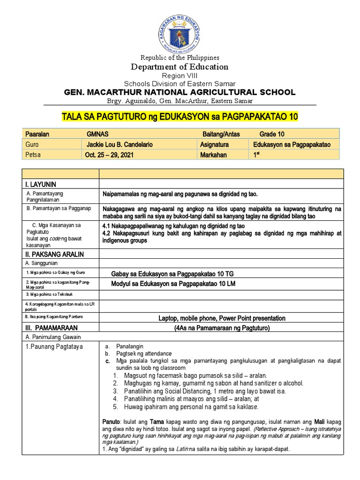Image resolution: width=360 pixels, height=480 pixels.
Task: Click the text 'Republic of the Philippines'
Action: (180, 58)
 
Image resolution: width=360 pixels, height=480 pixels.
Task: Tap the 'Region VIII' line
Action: (180, 75)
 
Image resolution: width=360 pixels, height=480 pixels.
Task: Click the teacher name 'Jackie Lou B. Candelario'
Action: (120, 145)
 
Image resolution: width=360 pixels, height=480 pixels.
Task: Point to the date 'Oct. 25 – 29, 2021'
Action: (109, 155)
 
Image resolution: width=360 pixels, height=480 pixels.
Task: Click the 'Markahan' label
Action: (213, 155)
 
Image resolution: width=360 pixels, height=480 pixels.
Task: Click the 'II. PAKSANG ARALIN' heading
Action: (54, 255)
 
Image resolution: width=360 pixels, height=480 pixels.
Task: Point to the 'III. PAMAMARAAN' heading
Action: (52, 328)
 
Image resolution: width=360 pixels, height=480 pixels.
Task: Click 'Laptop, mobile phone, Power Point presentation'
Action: (222, 318)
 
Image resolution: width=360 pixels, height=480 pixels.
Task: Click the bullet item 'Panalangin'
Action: (129, 346)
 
